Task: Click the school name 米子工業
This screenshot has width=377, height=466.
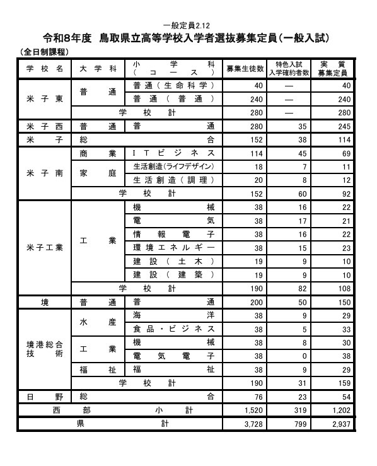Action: tap(44, 247)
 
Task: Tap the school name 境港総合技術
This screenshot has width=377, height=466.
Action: tap(44, 349)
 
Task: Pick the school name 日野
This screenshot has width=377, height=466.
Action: tap(44, 397)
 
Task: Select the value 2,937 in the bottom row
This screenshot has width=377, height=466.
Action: tap(341, 424)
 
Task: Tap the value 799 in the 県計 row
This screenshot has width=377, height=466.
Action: tap(294, 424)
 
